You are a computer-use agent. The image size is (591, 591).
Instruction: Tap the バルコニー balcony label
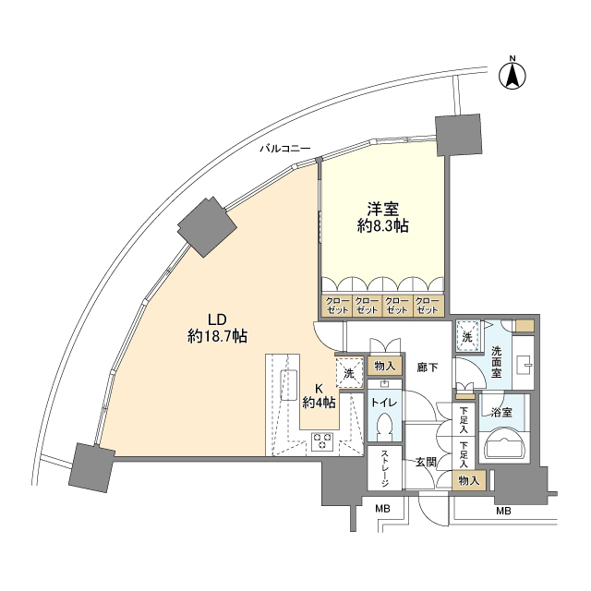click(284, 148)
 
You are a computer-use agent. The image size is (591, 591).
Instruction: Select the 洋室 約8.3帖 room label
click(383, 217)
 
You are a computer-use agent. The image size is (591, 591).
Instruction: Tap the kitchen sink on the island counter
click(288, 383)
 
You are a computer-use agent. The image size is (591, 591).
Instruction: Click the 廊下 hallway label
click(428, 368)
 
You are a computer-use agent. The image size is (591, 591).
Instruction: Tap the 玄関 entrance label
click(425, 461)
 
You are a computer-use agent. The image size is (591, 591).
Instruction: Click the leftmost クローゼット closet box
click(336, 306)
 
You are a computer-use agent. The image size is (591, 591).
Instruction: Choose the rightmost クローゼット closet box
click(428, 306)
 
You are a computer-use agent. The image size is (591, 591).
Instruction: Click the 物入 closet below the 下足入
click(470, 479)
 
